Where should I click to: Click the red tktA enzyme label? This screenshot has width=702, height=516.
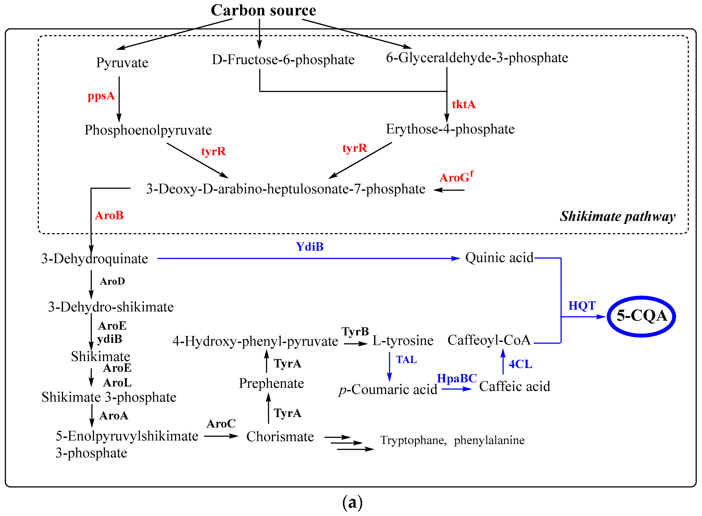click(463, 104)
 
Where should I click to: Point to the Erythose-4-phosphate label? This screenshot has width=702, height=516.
click(450, 129)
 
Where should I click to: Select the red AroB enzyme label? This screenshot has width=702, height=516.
click(109, 216)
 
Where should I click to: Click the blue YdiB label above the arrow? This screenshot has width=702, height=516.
click(309, 247)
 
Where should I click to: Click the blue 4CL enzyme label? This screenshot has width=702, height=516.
click(520, 364)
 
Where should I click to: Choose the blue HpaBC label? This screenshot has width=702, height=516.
click(456, 378)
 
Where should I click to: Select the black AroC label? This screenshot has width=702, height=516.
click(221, 424)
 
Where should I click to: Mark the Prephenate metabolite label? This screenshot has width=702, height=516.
click(271, 383)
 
